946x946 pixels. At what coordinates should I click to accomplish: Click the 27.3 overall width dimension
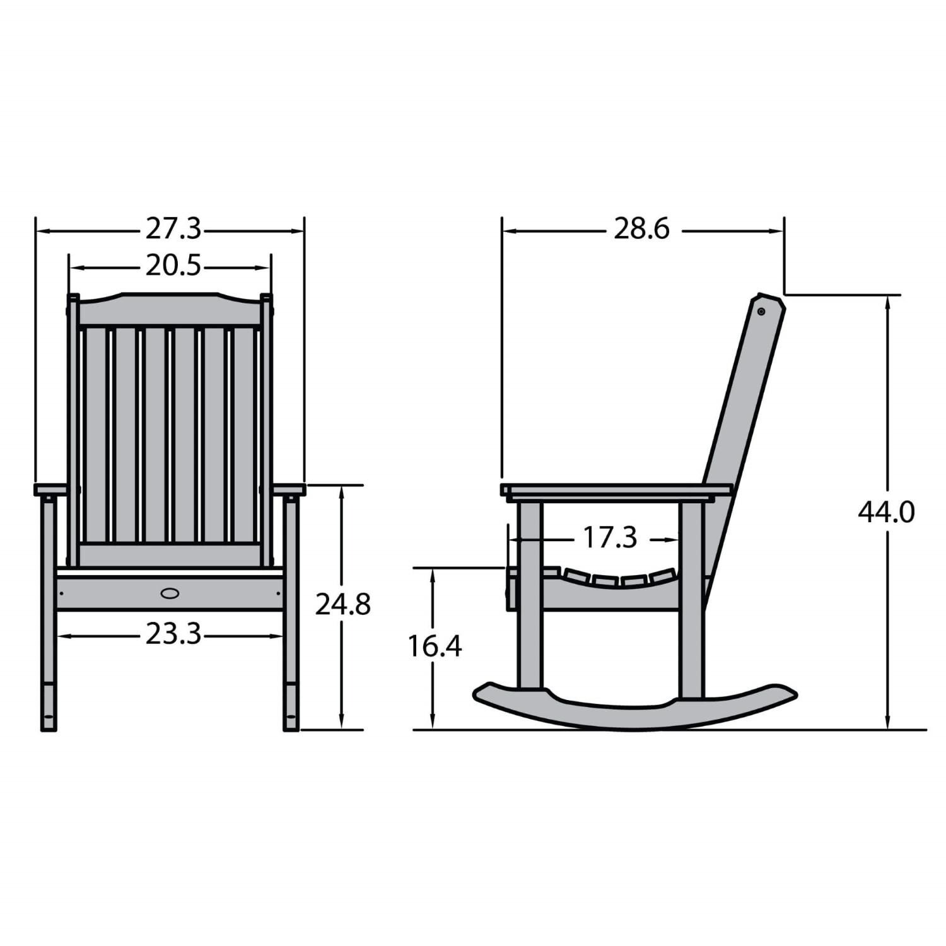[x=173, y=229]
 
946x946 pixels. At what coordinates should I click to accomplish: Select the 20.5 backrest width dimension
[x=173, y=266]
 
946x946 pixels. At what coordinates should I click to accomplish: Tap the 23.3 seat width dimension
[x=173, y=634]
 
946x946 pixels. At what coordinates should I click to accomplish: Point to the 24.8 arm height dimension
[x=342, y=604]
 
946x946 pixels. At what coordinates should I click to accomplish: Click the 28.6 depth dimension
[x=641, y=229]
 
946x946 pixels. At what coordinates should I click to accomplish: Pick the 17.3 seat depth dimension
[x=609, y=538]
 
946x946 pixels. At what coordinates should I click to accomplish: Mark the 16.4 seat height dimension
[x=435, y=646]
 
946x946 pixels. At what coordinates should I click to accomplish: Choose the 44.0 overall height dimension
[x=885, y=512]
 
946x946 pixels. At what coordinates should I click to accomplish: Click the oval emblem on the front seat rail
[x=170, y=593]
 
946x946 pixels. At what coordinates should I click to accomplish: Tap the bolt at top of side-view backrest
[x=761, y=312]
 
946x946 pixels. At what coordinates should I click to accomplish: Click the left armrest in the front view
[x=50, y=489]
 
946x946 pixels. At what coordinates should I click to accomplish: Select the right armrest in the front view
[x=289, y=489]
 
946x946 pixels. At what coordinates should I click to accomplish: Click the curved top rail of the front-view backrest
[x=170, y=309]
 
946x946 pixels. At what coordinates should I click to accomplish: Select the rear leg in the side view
[x=691, y=599]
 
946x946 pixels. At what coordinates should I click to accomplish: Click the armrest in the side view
[x=616, y=490]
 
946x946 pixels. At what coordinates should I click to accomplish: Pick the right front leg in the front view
[x=291, y=612]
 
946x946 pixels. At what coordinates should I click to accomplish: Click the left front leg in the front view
[x=49, y=612]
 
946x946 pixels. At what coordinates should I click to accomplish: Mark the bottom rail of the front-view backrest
[x=170, y=554]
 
